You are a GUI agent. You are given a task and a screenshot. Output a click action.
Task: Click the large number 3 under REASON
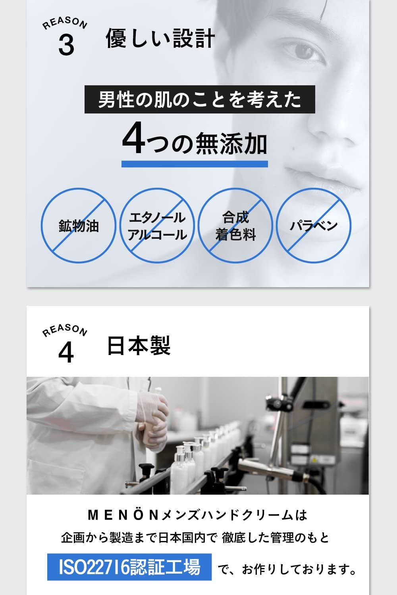[66, 45]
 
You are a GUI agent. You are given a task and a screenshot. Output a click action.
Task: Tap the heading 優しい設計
[160, 39]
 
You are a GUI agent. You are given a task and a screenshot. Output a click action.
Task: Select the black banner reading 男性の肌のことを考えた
[200, 99]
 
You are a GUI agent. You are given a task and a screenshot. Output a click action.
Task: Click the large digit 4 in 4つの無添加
[133, 139]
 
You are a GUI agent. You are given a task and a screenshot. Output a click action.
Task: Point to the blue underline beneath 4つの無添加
[195, 164]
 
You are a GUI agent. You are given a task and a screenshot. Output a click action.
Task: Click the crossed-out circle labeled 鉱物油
[79, 225]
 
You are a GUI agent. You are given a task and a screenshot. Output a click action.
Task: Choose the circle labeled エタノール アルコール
[157, 225]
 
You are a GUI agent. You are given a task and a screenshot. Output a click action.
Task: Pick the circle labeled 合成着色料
[235, 225]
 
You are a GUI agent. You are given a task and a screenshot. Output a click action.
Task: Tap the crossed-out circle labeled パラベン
[314, 225]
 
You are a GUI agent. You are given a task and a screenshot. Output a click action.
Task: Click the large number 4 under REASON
[66, 352]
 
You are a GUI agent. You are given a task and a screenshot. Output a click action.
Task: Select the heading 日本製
[139, 345]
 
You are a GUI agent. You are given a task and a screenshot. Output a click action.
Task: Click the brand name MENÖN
[123, 515]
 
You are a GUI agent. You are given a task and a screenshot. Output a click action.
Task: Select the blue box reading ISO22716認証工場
[129, 567]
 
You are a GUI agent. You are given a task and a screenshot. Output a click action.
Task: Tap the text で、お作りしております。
[287, 570]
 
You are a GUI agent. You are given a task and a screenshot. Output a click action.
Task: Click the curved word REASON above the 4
[65, 330]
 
